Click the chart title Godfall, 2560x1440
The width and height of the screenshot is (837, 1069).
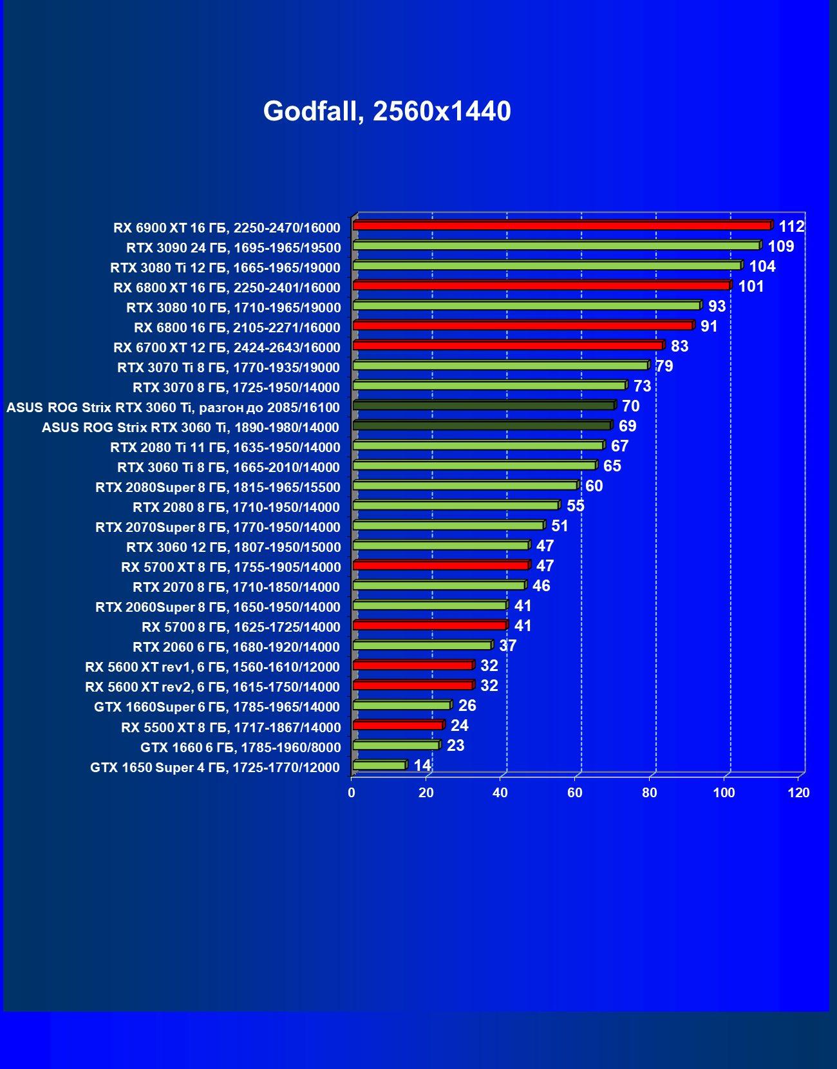(x=387, y=111)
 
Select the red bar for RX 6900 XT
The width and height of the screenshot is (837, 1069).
(x=561, y=225)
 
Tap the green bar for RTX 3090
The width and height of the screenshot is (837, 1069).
(x=556, y=245)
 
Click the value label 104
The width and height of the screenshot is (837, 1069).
(x=762, y=266)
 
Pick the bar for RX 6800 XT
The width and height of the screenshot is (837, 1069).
(x=541, y=285)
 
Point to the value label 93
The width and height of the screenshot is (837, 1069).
(x=717, y=306)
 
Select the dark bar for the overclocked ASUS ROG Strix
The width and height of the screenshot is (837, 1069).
(x=483, y=405)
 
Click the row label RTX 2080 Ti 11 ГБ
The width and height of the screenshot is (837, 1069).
(x=225, y=447)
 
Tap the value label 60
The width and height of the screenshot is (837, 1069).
(x=594, y=486)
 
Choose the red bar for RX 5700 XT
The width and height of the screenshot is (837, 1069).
(x=440, y=565)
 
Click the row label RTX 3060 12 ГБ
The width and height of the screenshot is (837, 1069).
(x=233, y=547)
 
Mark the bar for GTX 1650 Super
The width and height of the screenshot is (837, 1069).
(x=379, y=765)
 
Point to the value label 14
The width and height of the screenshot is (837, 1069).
(x=422, y=765)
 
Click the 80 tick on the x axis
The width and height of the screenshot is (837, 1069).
(x=649, y=793)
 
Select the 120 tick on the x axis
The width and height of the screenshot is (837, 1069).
(x=798, y=793)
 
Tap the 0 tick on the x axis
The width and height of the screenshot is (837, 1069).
(x=352, y=793)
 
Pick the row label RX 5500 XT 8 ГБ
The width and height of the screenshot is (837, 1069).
(x=230, y=727)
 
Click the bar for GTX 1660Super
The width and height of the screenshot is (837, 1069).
(x=401, y=705)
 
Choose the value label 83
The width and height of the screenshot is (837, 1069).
(x=679, y=346)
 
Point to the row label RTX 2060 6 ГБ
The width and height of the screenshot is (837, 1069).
(x=236, y=647)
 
